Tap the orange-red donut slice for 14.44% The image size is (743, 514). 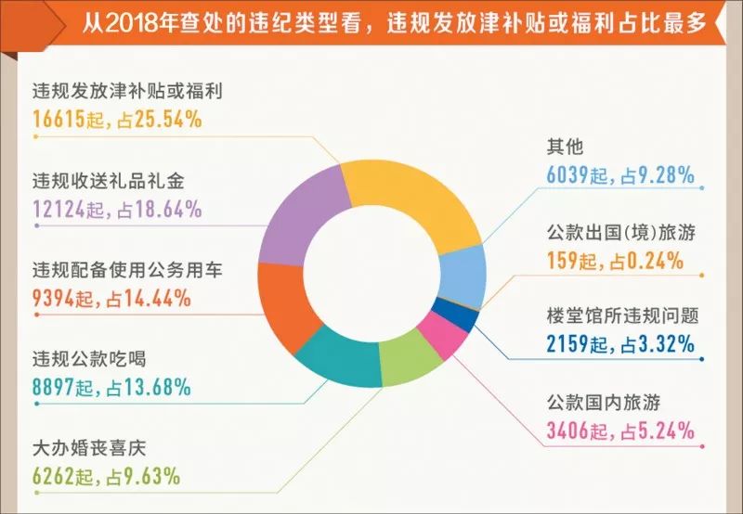[283, 302]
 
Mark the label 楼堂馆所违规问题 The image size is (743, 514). [622, 316]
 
